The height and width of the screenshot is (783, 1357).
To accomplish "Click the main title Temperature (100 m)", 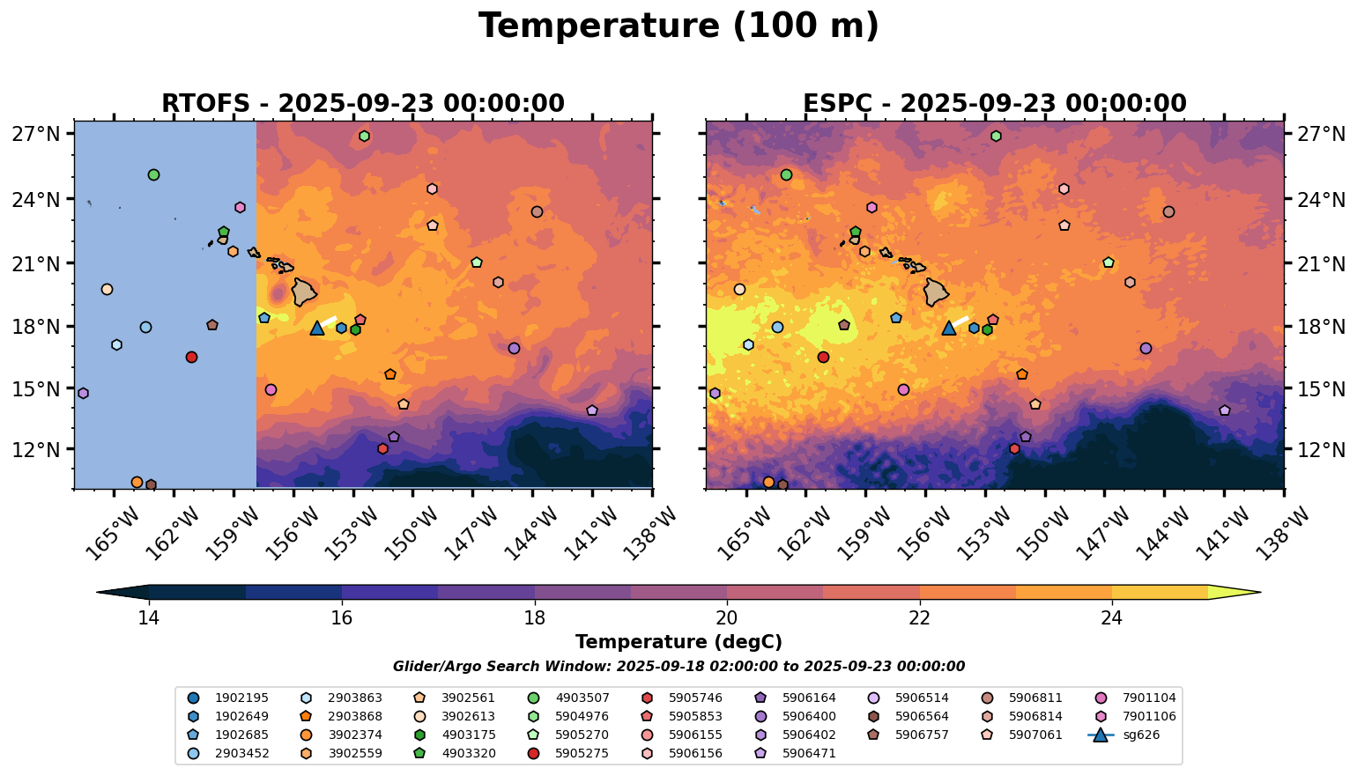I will pyautogui.click(x=678, y=26).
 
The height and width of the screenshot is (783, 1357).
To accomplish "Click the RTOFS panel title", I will pyautogui.click(x=362, y=103).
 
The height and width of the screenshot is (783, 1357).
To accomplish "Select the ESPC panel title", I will pyautogui.click(x=994, y=103).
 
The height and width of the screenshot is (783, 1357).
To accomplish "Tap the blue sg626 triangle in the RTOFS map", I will pyautogui.click(x=317, y=329).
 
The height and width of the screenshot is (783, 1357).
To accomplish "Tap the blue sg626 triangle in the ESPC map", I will pyautogui.click(x=949, y=329).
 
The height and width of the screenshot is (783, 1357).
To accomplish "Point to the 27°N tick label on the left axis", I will pyautogui.click(x=36, y=134).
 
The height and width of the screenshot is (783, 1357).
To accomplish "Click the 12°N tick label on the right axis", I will pyautogui.click(x=1321, y=449).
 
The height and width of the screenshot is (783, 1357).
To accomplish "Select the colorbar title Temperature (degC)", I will pyautogui.click(x=678, y=642).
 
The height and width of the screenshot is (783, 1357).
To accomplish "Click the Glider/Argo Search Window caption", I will pyautogui.click(x=678, y=667).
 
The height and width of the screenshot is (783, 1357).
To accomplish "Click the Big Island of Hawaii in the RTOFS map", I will pyautogui.click(x=304, y=291).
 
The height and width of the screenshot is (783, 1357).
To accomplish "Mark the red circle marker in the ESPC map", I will pyautogui.click(x=823, y=357).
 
